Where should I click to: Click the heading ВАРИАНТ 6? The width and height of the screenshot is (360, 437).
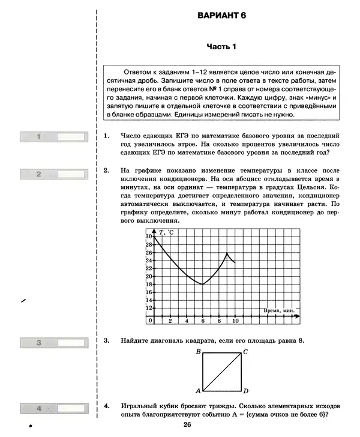pos(221,16)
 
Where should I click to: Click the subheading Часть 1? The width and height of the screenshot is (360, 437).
pos(222,46)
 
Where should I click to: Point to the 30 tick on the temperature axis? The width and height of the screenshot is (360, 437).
pos(149,237)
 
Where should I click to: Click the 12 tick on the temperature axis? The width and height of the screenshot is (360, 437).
pos(149,307)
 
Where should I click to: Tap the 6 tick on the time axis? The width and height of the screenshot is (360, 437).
pos(203,321)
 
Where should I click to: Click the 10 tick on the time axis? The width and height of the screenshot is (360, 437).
pos(235,321)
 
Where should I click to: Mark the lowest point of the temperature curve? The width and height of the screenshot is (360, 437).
pos(203,284)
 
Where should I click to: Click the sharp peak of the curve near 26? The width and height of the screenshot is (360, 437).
pos(227,253)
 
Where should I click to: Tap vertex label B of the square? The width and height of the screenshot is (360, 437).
pos(197,352)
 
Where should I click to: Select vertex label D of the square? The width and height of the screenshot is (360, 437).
pos(246,391)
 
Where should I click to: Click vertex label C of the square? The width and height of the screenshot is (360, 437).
pos(246,352)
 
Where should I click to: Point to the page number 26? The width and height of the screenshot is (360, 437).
pos(188,425)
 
